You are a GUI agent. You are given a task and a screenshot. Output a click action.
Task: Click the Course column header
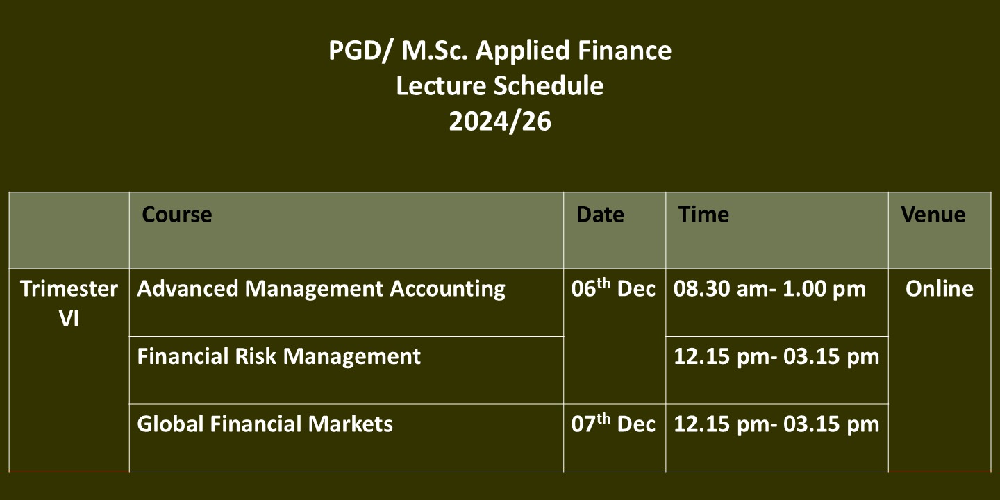coord(177,215)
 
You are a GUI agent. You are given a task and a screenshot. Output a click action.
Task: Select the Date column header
coord(600,215)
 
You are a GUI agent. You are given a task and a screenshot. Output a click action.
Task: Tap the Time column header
coord(703,215)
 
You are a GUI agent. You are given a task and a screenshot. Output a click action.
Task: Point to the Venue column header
coord(933,215)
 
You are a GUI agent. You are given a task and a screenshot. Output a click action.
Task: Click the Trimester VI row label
coord(69,303)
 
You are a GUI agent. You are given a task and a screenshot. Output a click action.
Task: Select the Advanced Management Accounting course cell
coord(321,289)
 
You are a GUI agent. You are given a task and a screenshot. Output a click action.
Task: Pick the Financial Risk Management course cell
coord(278,356)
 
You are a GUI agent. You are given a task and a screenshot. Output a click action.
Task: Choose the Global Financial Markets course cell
coord(265,424)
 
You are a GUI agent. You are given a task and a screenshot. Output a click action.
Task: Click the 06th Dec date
coord(613,288)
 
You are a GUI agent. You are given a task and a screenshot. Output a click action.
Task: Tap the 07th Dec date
coord(613,423)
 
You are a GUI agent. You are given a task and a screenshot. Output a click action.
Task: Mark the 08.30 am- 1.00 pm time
coord(769,289)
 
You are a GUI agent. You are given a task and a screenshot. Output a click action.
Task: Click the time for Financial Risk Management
coord(776,357)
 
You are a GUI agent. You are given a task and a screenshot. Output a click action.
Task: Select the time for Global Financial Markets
coord(776,424)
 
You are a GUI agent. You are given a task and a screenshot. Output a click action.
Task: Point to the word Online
coord(940,289)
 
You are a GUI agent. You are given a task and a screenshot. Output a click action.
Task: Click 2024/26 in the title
coord(500,122)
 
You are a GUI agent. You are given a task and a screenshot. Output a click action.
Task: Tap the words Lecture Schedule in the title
coord(500,85)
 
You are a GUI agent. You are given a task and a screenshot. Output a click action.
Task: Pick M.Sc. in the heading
coord(435,51)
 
